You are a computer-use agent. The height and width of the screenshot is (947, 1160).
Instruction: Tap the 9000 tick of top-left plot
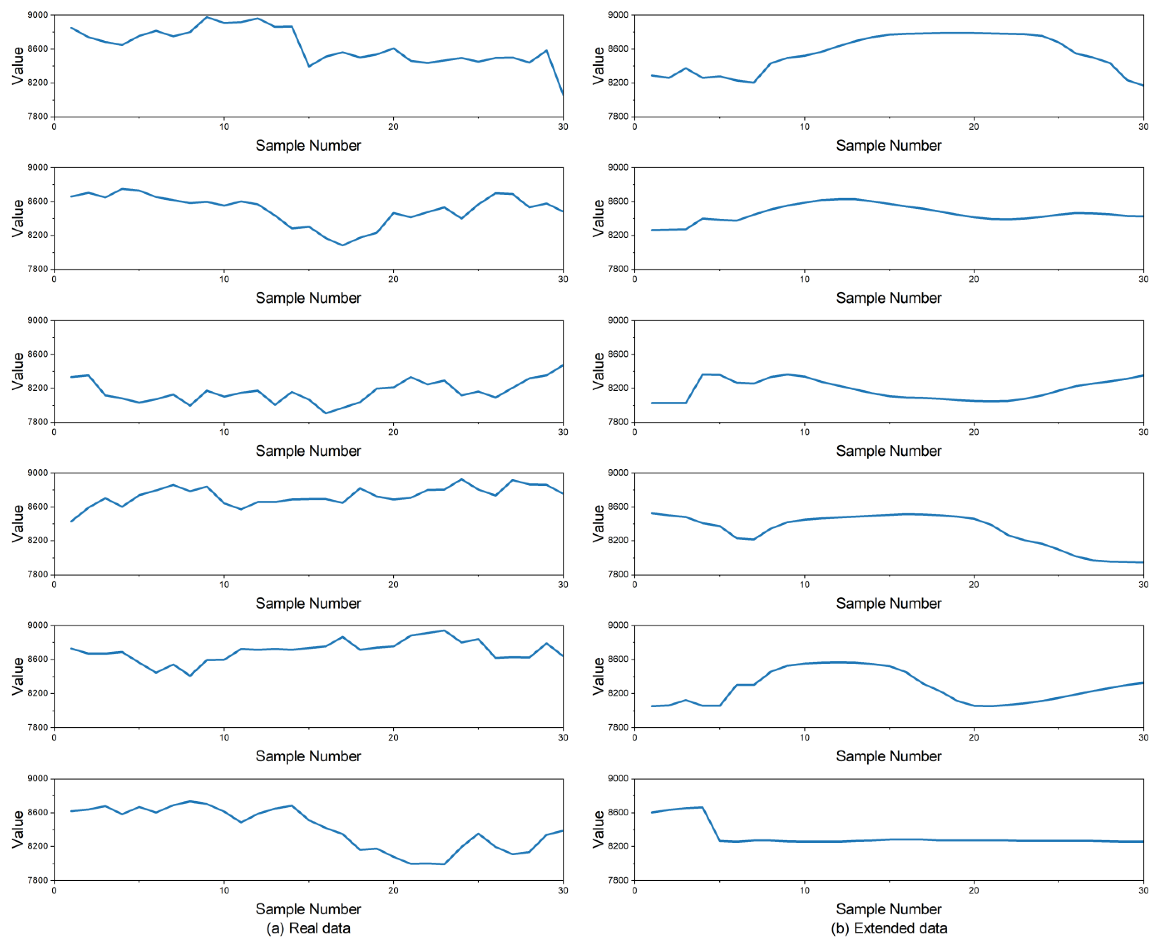click(x=38, y=15)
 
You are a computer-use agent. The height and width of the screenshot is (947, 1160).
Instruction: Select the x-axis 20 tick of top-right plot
click(x=974, y=127)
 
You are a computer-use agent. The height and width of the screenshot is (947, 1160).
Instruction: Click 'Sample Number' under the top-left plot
click(x=308, y=146)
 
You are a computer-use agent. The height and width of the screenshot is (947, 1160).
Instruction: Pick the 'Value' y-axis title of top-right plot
click(x=598, y=66)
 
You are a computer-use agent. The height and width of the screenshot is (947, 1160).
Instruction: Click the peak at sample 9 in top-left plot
click(x=207, y=17)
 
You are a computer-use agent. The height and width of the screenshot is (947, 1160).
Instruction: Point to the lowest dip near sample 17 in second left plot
click(x=343, y=245)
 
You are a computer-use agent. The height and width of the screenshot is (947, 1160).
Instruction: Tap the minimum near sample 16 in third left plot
click(x=326, y=413)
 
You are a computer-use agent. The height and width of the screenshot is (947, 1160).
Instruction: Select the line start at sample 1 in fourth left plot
click(x=71, y=521)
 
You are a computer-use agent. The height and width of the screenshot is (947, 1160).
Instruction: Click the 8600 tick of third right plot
click(x=618, y=354)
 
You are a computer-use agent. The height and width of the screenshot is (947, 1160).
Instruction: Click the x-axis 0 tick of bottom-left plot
click(x=54, y=890)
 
